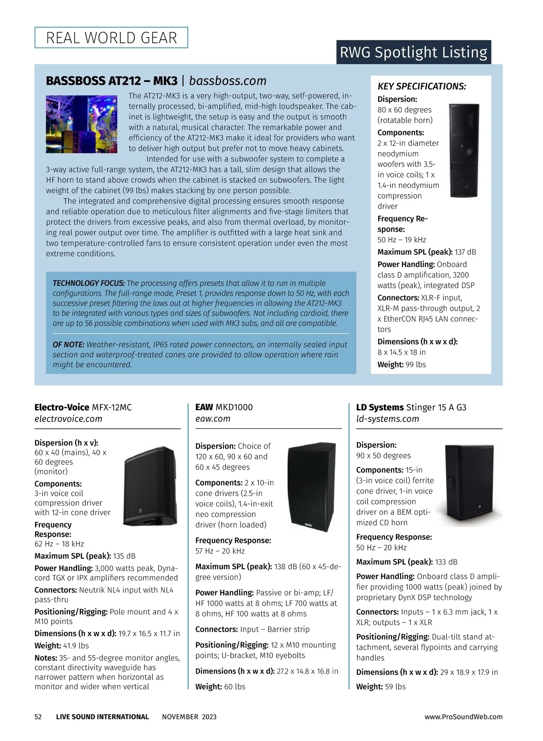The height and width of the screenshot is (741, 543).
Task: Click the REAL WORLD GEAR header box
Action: (x=111, y=38)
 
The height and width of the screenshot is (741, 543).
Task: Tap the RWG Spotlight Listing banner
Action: (x=413, y=52)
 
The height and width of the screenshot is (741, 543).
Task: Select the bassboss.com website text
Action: (x=228, y=81)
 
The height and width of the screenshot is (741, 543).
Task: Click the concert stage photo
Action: (x=81, y=124)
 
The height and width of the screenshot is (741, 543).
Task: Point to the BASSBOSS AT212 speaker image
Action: (x=464, y=150)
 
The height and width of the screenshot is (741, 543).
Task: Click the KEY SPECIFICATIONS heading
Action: (x=422, y=86)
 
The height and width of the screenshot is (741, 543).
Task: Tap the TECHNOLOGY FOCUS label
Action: (x=89, y=283)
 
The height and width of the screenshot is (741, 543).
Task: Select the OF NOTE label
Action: (x=68, y=345)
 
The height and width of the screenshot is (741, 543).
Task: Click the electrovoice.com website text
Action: (x=68, y=419)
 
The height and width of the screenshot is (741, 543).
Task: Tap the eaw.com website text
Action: (x=213, y=419)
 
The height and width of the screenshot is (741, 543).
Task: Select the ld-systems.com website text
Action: (x=387, y=419)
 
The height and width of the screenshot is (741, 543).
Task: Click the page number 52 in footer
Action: (x=38, y=717)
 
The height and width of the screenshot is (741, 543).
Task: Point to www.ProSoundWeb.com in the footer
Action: (x=463, y=717)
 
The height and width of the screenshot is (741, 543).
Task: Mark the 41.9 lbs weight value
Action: (x=76, y=646)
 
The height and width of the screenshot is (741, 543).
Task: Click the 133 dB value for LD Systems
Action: (x=446, y=562)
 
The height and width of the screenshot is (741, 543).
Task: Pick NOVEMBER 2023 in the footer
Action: (x=189, y=717)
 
